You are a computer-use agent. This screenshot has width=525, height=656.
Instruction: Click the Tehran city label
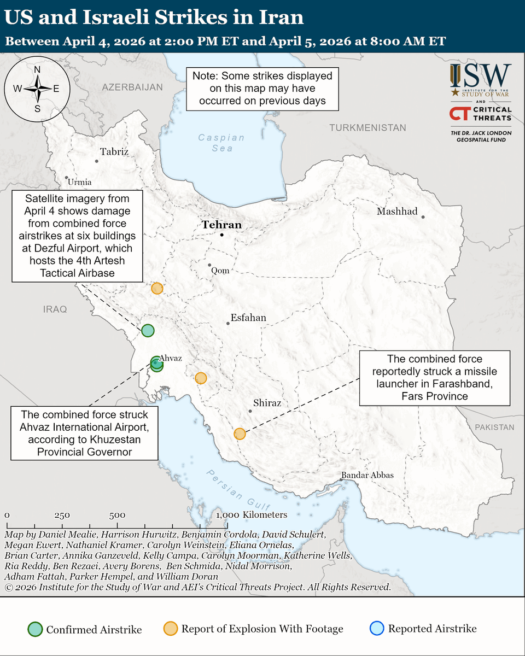point(221,225)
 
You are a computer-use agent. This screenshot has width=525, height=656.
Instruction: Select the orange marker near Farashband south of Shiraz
point(240,434)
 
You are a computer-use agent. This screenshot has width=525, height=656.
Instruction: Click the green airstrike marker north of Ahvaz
point(148,330)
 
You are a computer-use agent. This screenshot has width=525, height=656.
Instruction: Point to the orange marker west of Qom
point(157,288)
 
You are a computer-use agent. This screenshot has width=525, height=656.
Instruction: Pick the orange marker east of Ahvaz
point(201,378)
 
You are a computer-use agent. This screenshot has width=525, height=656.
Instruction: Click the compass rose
point(37,87)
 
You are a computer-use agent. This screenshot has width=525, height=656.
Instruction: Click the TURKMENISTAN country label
point(367,127)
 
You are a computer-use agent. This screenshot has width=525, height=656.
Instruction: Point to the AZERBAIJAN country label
point(132,87)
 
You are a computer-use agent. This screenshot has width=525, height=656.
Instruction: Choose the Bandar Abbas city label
point(367,475)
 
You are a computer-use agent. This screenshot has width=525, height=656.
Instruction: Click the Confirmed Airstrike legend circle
point(36,629)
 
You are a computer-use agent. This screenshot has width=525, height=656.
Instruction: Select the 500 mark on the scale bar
point(117,516)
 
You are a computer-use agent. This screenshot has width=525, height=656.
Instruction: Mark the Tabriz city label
point(114,152)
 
